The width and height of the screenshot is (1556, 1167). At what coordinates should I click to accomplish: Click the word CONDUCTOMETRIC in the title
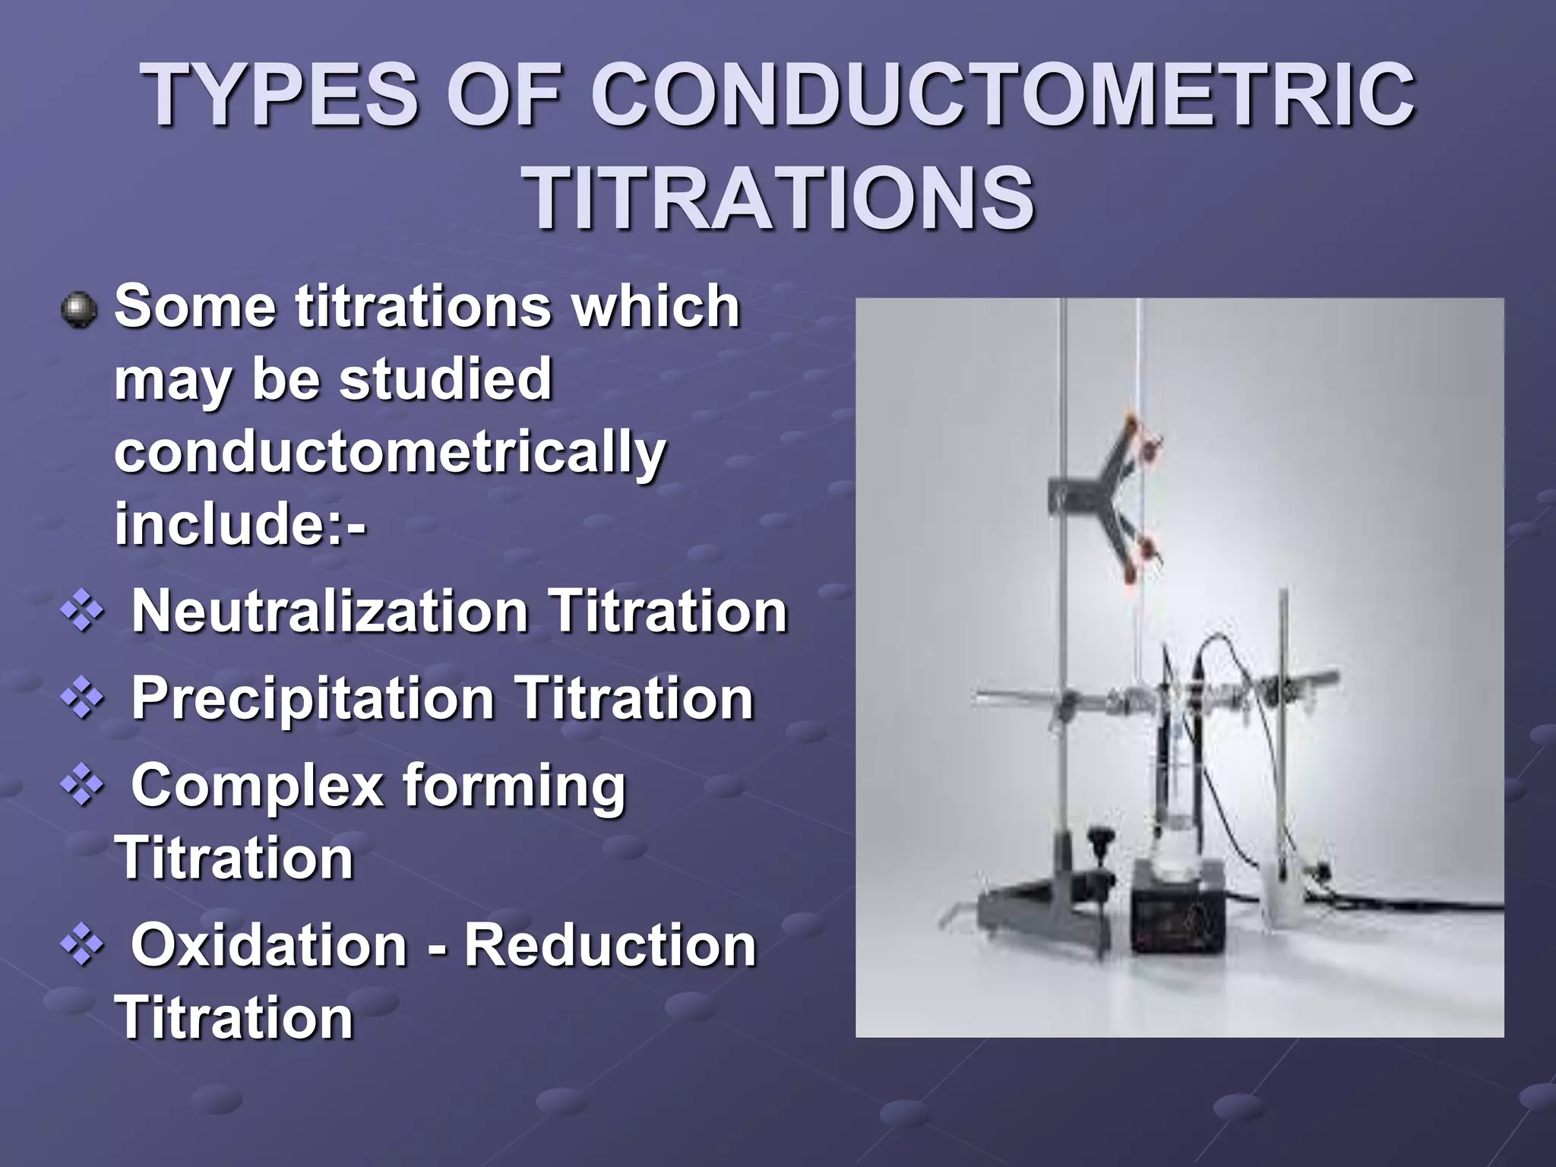[x=1003, y=97]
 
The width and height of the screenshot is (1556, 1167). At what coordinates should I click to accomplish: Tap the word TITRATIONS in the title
[x=780, y=199]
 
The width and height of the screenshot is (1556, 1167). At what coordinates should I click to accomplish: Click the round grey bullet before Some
[x=78, y=311]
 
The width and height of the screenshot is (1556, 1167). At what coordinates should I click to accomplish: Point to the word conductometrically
[x=390, y=454]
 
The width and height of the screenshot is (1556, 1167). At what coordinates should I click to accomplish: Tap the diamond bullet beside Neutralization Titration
[x=82, y=612]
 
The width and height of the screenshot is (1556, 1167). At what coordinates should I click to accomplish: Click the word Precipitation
[x=313, y=697]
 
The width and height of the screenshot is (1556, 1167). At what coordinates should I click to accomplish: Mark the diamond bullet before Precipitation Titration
[x=82, y=699]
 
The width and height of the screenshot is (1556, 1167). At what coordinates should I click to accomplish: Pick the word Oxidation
[x=269, y=945]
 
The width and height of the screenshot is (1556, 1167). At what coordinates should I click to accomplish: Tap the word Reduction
[x=610, y=945]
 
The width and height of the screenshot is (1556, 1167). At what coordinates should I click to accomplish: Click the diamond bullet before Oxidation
[x=82, y=947]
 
